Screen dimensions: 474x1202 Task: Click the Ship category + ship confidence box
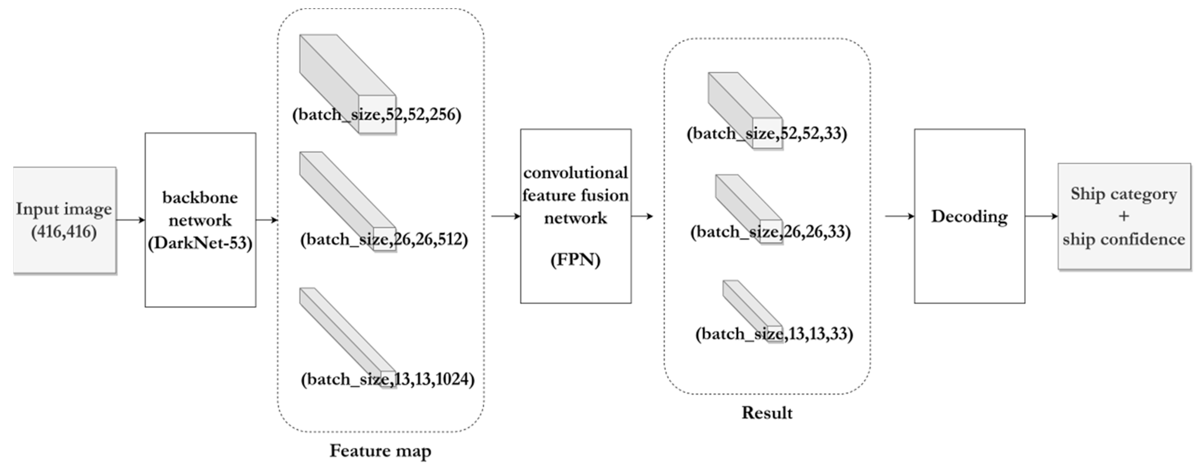coord(1124,216)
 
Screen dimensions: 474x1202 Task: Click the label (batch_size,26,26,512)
coord(383,240)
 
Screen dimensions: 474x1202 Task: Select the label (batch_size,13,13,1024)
coord(387,379)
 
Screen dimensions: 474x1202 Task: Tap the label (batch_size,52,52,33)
coord(767,134)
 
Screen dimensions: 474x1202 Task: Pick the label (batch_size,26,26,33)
coord(770,232)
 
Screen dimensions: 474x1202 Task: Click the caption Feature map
coord(380,451)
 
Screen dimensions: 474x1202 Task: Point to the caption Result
coord(767,413)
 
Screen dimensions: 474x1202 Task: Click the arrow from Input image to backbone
coord(131,220)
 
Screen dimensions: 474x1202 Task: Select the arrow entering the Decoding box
coord(899,216)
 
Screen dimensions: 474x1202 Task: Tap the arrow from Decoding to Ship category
coord(1041,216)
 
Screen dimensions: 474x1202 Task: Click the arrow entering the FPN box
coord(505,216)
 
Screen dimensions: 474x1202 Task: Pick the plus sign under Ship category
coord(1124,216)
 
